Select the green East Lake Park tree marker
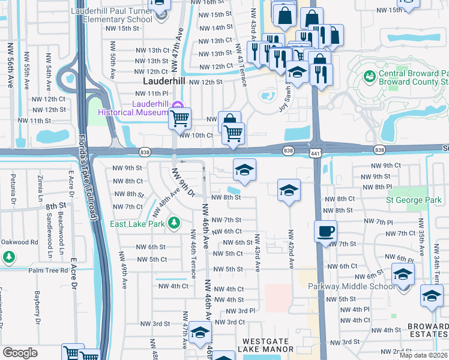(x=174, y=223)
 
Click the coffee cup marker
(x=325, y=232)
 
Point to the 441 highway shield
(x=316, y=154)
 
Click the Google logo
(x=20, y=352)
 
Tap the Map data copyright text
(x=423, y=355)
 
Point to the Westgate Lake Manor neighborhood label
(x=265, y=344)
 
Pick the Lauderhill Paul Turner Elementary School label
(x=111, y=15)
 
